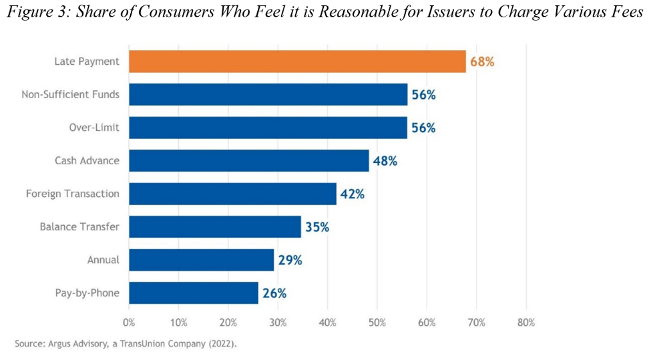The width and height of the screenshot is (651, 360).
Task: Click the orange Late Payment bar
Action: pyautogui.click(x=297, y=61)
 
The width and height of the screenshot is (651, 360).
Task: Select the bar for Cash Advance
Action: pyautogui.click(x=248, y=160)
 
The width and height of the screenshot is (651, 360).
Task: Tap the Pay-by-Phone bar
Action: pyautogui.click(x=193, y=293)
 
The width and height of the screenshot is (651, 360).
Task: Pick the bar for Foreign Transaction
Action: pyautogui.click(x=232, y=194)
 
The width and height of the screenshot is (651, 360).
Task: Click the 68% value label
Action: pyautogui.click(x=481, y=61)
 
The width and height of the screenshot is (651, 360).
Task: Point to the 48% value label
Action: pyautogui.click(x=385, y=161)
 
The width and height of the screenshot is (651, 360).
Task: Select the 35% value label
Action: pyautogui.click(x=316, y=227)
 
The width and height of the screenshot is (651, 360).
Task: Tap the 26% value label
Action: pyautogui.click(x=274, y=293)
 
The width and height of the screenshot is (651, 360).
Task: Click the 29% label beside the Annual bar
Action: pyautogui.click(x=289, y=260)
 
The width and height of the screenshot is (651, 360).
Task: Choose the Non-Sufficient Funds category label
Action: pyautogui.click(x=71, y=94)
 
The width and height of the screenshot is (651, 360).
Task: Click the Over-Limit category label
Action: pyautogui.click(x=94, y=128)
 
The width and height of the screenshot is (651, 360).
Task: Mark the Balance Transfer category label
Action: pyautogui.click(x=79, y=227)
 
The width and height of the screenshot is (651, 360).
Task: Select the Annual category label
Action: pyautogui.click(x=103, y=260)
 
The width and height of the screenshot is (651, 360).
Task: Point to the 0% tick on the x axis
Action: pyautogui.click(x=129, y=323)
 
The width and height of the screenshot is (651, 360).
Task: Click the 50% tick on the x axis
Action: pyautogui.click(x=377, y=323)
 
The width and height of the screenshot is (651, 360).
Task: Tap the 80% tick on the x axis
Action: pyautogui.click(x=526, y=323)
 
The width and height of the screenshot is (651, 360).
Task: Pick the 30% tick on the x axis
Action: pyautogui.click(x=278, y=323)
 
